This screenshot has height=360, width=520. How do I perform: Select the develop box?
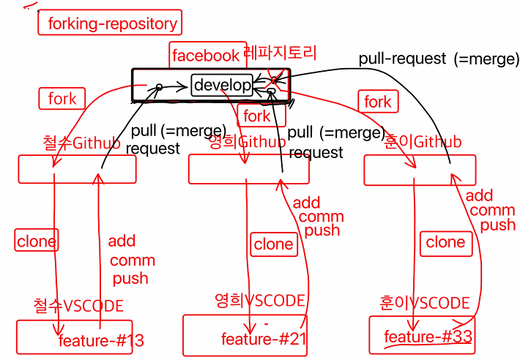[x=223, y=85]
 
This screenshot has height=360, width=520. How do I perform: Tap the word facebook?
[x=205, y=55]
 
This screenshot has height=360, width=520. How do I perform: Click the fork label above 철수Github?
[x=62, y=99]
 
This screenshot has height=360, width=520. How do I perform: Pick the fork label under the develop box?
[x=256, y=116]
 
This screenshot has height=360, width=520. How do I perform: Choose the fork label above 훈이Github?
[x=377, y=102]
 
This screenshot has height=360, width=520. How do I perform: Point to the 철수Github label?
[x=81, y=143]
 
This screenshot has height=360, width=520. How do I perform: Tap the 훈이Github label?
[x=423, y=142]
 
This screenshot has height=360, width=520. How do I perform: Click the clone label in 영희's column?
[x=273, y=244]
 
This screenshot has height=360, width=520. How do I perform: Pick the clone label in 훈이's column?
[x=445, y=242]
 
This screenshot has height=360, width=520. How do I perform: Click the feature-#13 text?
[x=101, y=340]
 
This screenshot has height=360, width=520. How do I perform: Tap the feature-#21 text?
[x=264, y=338]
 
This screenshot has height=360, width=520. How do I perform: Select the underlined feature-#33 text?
[x=428, y=337]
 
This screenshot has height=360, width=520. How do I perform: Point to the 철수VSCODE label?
[x=78, y=305]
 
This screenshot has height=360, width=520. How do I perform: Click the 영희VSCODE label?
[x=259, y=300]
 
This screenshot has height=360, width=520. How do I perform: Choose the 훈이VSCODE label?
[x=425, y=302]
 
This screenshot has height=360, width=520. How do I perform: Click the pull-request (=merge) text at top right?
[x=439, y=59]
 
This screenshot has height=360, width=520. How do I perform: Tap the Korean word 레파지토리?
[x=281, y=53]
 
